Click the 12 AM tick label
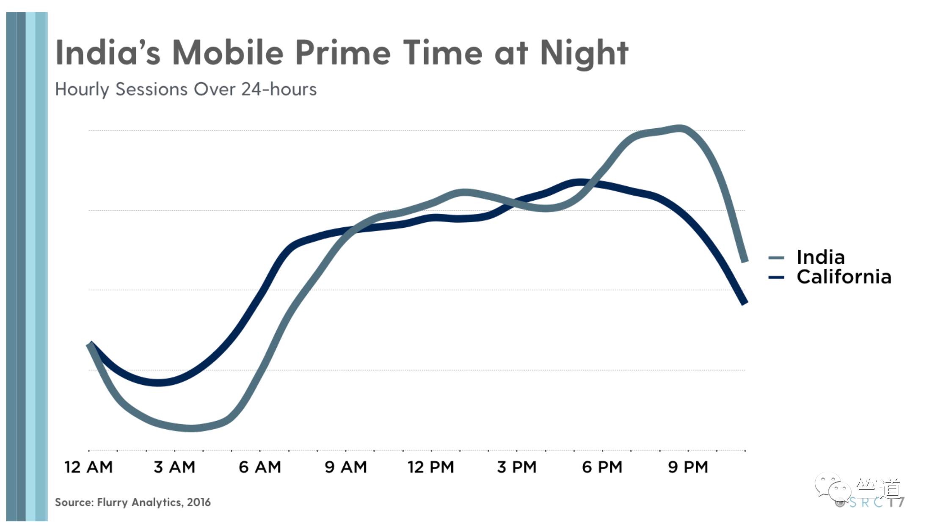(88, 467)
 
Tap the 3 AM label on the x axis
(174, 467)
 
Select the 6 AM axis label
(260, 467)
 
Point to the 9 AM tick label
(346, 467)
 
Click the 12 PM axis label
(431, 467)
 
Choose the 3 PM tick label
(517, 467)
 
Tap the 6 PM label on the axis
(602, 467)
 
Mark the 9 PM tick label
(688, 467)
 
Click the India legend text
(821, 257)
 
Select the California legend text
(844, 277)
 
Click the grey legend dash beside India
(776, 258)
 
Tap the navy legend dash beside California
(776, 278)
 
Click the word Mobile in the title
(228, 53)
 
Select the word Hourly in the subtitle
(82, 90)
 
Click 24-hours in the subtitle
(279, 89)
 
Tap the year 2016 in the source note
(199, 502)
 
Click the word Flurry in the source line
(113, 502)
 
